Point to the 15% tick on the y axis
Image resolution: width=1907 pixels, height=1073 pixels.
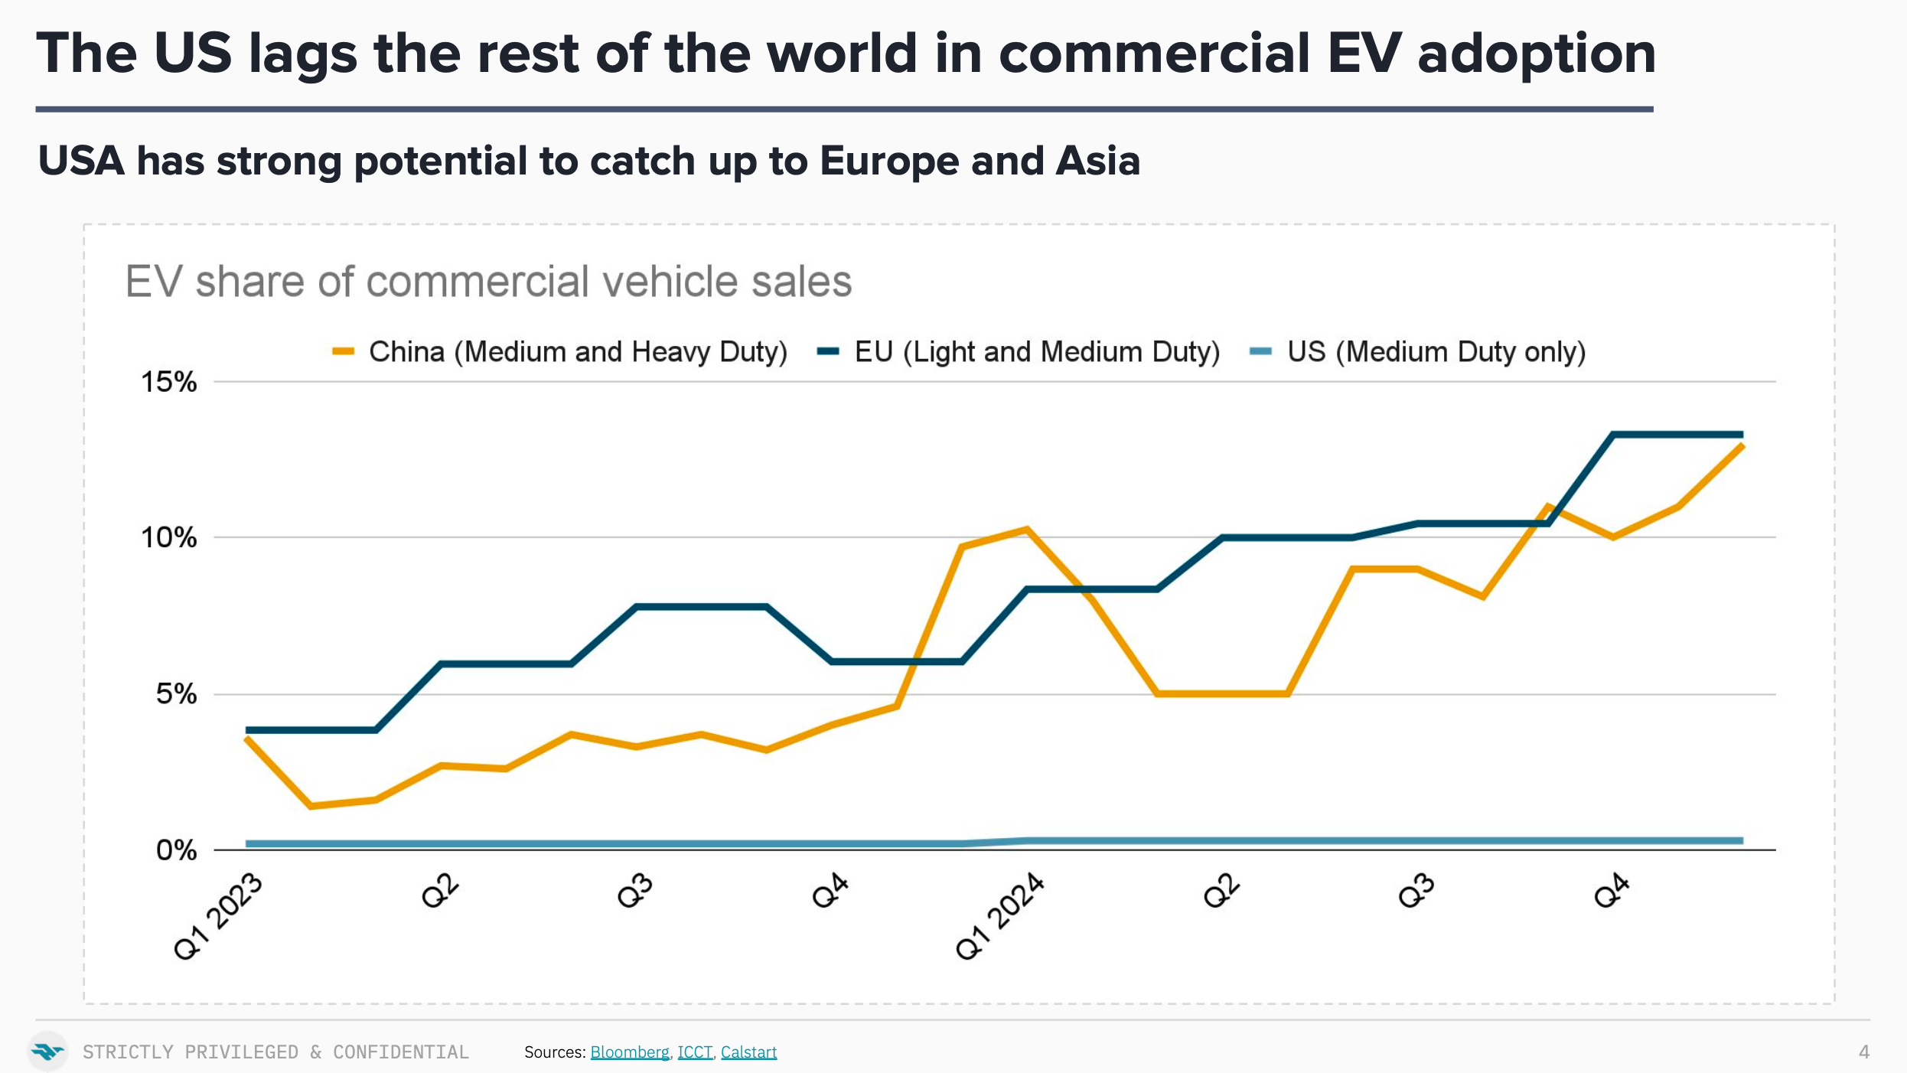(x=168, y=382)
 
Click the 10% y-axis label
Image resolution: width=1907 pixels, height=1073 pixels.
(x=168, y=538)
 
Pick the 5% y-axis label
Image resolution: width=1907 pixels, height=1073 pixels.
(x=176, y=694)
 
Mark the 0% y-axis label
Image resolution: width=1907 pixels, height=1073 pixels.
(x=176, y=850)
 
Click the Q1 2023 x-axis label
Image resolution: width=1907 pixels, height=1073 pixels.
(x=218, y=917)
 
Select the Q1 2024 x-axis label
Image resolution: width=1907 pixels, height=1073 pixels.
(x=999, y=917)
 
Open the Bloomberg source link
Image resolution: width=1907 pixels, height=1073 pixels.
(x=629, y=1052)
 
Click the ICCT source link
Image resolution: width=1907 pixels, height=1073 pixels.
(x=695, y=1052)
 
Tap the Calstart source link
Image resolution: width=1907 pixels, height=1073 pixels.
(x=748, y=1052)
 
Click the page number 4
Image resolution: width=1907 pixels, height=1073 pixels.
(x=1864, y=1052)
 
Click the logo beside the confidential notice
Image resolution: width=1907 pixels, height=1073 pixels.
(x=48, y=1052)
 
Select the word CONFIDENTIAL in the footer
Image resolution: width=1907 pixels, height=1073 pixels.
(x=400, y=1052)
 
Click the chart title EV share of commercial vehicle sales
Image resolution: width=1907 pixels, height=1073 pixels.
(x=488, y=281)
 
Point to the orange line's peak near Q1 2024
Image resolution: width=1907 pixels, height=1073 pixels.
(x=1026, y=529)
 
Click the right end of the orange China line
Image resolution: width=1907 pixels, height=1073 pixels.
(x=1742, y=445)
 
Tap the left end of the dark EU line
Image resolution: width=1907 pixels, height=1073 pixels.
(x=248, y=730)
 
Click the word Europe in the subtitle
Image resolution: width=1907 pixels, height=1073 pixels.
(x=888, y=161)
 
